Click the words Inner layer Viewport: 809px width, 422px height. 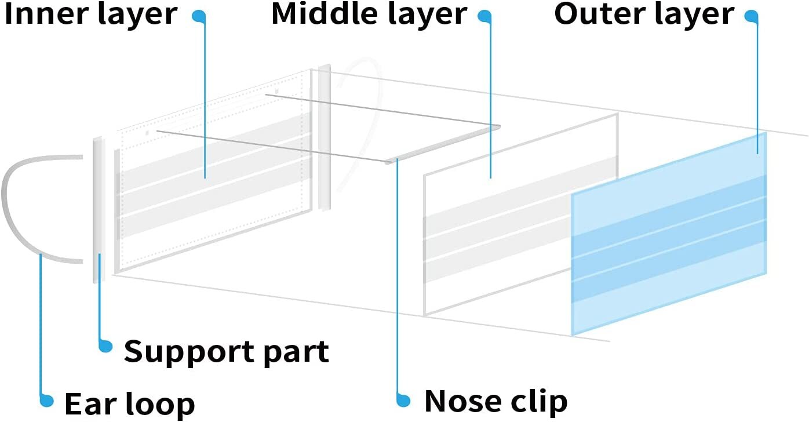pyautogui.click(x=91, y=14)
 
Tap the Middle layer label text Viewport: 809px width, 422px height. pyautogui.click(x=369, y=14)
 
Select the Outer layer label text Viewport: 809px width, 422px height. pyautogui.click(x=644, y=14)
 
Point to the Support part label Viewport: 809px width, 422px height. pyautogui.click(x=226, y=352)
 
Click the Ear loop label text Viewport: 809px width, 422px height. pyautogui.click(x=130, y=404)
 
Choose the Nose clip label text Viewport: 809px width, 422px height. pyautogui.click(x=496, y=401)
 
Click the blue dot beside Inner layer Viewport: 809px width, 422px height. pyautogui.click(x=199, y=16)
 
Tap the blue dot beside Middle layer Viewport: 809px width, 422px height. pyautogui.click(x=484, y=16)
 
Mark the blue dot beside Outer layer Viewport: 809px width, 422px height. pyautogui.click(x=751, y=16)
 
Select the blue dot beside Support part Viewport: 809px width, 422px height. pyautogui.click(x=105, y=345)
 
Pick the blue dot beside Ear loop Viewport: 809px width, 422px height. pyautogui.click(x=46, y=400)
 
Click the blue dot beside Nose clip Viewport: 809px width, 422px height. pyautogui.click(x=403, y=400)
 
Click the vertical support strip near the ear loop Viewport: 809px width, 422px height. pyautogui.click(x=99, y=210)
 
